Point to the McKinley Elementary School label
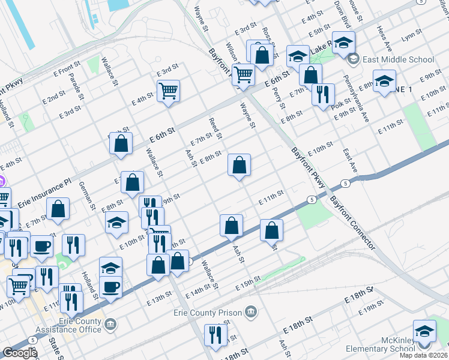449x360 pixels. click(406, 349)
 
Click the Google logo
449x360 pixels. click(20, 353)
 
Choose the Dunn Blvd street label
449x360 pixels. click(343, 12)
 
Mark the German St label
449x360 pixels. click(88, 195)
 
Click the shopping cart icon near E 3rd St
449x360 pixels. click(169, 91)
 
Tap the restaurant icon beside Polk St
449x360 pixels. click(323, 94)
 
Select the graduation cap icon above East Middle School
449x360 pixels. click(344, 42)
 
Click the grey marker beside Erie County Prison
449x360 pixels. click(251, 312)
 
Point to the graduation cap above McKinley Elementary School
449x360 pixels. click(424, 331)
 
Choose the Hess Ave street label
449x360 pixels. click(384, 37)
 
